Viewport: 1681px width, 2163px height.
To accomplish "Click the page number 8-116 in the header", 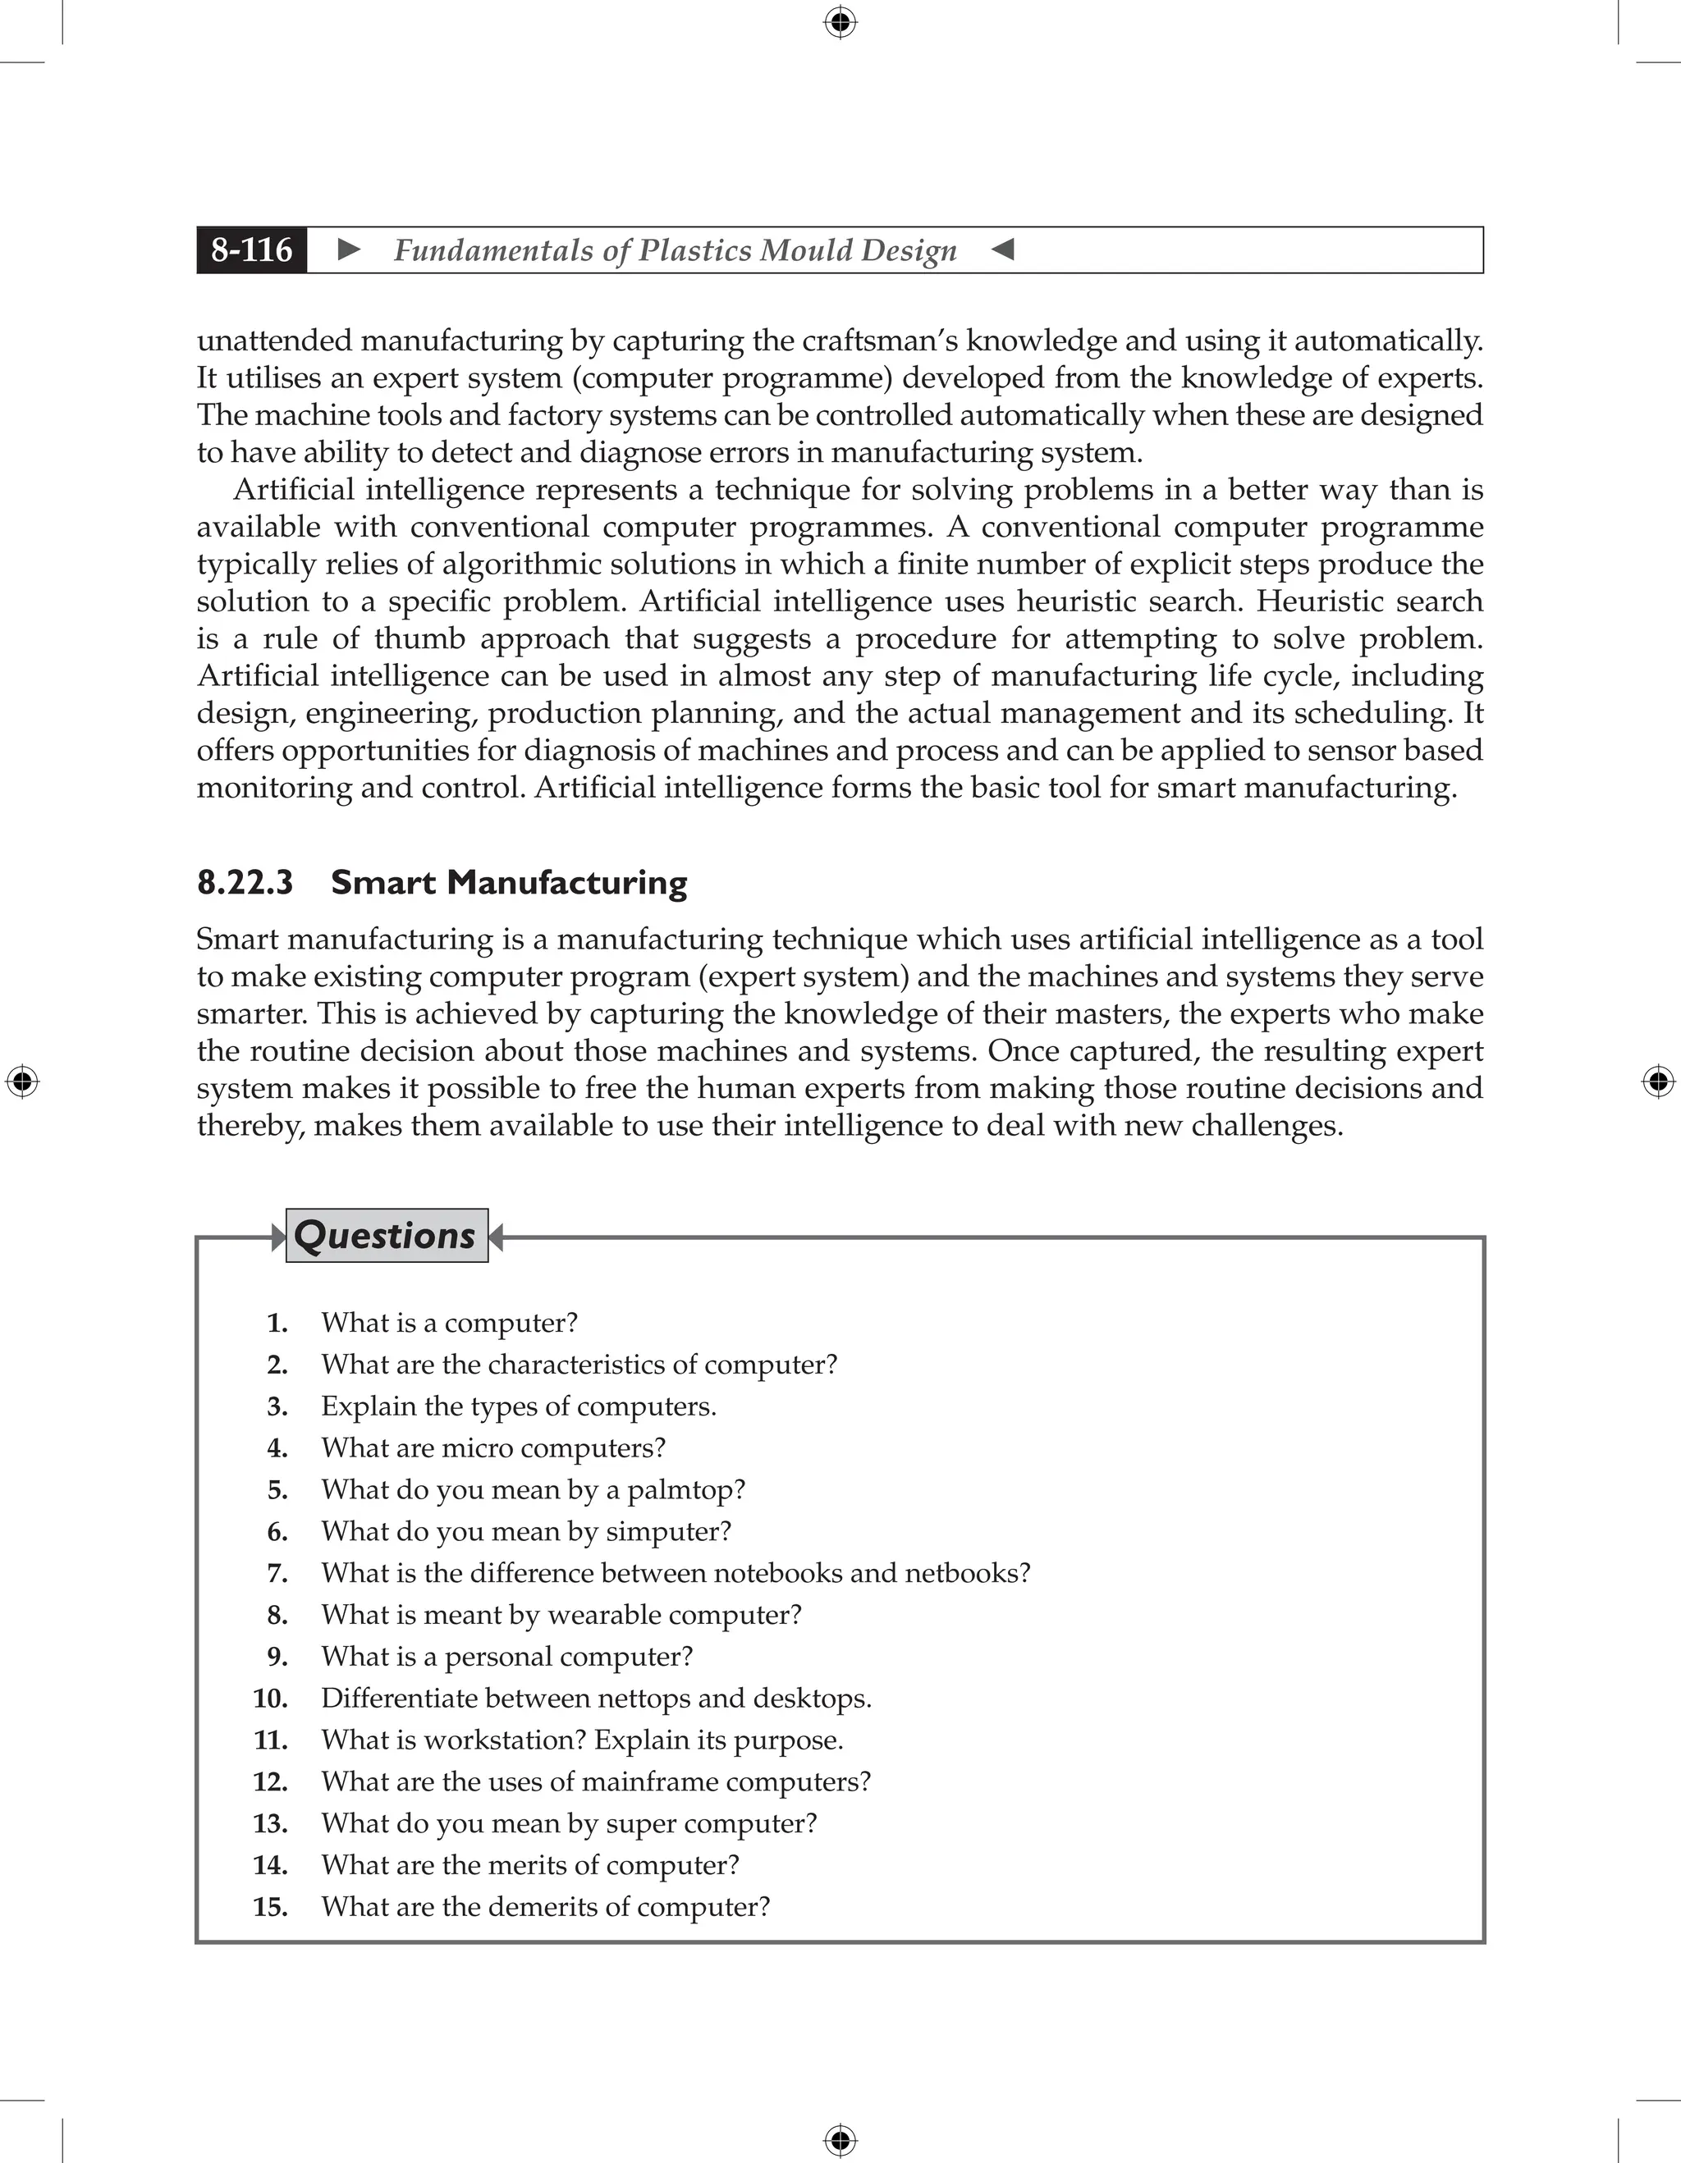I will coord(252,249).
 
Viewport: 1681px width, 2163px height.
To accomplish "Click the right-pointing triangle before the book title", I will coord(349,249).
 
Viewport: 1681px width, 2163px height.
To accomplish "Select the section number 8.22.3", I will coord(245,882).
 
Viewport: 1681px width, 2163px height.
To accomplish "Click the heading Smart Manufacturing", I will coord(508,882).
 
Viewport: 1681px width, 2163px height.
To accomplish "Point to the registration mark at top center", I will coord(840,22).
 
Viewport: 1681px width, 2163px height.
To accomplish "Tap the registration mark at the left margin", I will coord(22,1081).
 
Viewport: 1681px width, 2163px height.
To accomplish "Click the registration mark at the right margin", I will coord(1658,1081).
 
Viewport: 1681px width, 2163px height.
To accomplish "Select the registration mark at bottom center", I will coord(840,2140).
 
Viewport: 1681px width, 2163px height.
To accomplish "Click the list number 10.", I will coord(269,1699).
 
